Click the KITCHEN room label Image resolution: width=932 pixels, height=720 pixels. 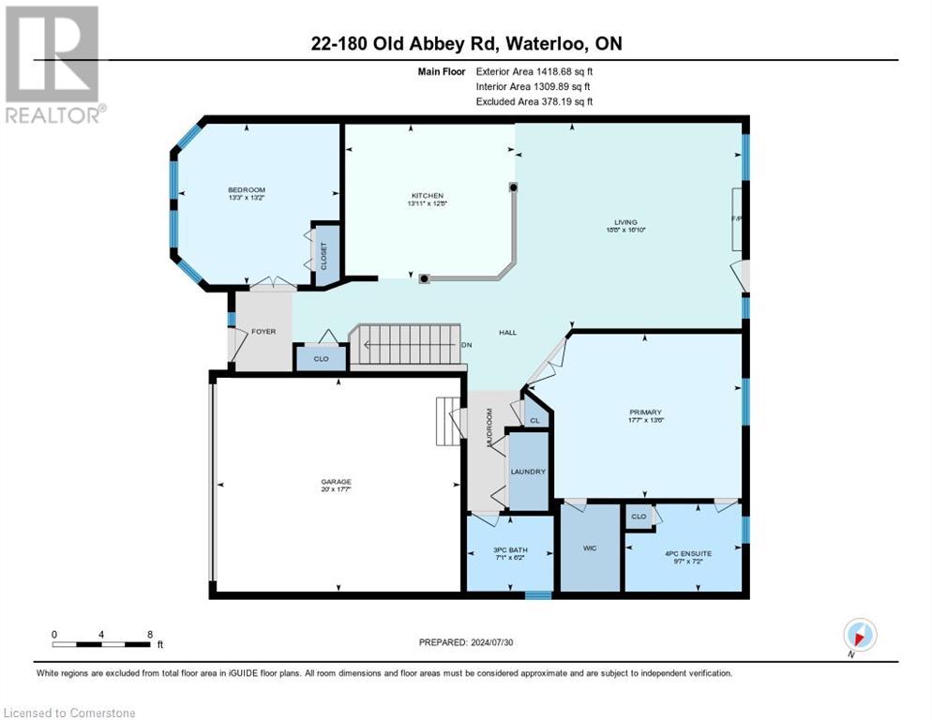pyautogui.click(x=426, y=195)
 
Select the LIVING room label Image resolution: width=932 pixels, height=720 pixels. pyautogui.click(x=620, y=221)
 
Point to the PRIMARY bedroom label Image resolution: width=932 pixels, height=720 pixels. pyautogui.click(x=646, y=412)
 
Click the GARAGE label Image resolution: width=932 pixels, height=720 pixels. pyautogui.click(x=335, y=482)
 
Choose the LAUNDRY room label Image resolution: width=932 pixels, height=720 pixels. pyautogui.click(x=529, y=472)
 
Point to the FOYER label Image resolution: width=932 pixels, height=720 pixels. pyautogui.click(x=263, y=331)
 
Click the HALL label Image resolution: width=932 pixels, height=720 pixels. pyautogui.click(x=507, y=332)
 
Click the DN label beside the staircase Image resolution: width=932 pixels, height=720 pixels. pyautogui.click(x=466, y=345)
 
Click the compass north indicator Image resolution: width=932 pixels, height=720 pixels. pyautogui.click(x=860, y=635)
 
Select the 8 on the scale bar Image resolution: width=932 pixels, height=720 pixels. pyautogui.click(x=150, y=634)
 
